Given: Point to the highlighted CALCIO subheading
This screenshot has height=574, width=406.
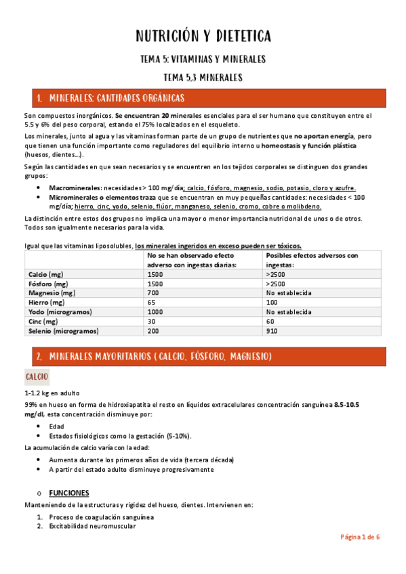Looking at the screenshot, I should click(x=36, y=376).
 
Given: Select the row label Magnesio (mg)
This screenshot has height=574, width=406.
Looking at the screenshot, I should click(x=52, y=293).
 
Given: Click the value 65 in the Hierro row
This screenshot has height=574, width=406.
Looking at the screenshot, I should click(x=152, y=303).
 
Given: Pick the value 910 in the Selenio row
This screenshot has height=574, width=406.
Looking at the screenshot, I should click(x=272, y=331).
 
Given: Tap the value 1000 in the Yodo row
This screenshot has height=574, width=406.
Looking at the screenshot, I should click(x=155, y=312).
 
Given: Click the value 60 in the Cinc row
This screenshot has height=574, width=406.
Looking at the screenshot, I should click(x=270, y=322).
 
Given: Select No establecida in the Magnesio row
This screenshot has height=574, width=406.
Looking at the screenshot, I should click(x=289, y=293).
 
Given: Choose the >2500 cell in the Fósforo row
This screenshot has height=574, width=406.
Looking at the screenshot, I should click(x=275, y=284).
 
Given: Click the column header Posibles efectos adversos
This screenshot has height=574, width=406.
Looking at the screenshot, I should click(x=312, y=256).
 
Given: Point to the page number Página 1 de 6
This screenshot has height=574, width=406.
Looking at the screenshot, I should click(x=360, y=537).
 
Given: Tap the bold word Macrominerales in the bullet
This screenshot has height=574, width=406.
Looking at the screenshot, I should click(x=75, y=187).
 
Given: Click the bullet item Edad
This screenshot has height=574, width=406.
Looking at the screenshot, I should click(x=56, y=426).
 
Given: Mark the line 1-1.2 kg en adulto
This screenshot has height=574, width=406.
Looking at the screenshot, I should click(x=52, y=393).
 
